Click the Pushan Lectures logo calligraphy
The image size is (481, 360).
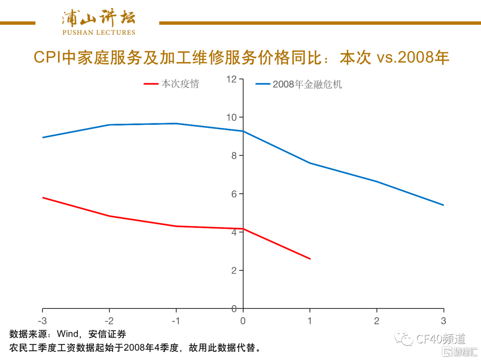(98, 17)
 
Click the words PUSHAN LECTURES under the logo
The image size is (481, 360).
(98, 33)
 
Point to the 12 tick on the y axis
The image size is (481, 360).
(232, 79)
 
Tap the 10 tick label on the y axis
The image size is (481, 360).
(232, 118)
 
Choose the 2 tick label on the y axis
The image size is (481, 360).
(234, 271)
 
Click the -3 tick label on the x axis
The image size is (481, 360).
(42, 321)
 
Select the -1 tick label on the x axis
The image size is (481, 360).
(176, 321)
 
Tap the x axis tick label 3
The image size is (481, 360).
(444, 321)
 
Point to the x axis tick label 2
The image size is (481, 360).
(377, 321)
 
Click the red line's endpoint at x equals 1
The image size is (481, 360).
(310, 259)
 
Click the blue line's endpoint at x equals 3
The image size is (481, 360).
(444, 205)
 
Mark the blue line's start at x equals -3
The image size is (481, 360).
(43, 137)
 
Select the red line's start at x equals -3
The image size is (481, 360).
(43, 197)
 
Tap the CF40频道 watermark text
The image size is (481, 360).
(440, 340)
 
